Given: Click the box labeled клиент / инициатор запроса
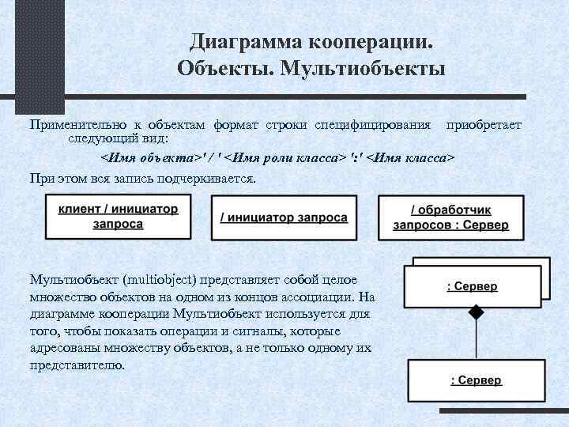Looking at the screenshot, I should (118, 217).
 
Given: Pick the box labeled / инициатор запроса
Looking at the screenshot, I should (284, 217).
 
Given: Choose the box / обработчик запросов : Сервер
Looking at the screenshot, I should (450, 217).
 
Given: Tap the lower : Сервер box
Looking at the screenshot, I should (475, 381).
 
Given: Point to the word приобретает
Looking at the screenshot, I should (484, 125).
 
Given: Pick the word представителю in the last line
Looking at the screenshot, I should (76, 365).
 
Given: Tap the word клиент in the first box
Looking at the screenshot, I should (78, 210).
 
